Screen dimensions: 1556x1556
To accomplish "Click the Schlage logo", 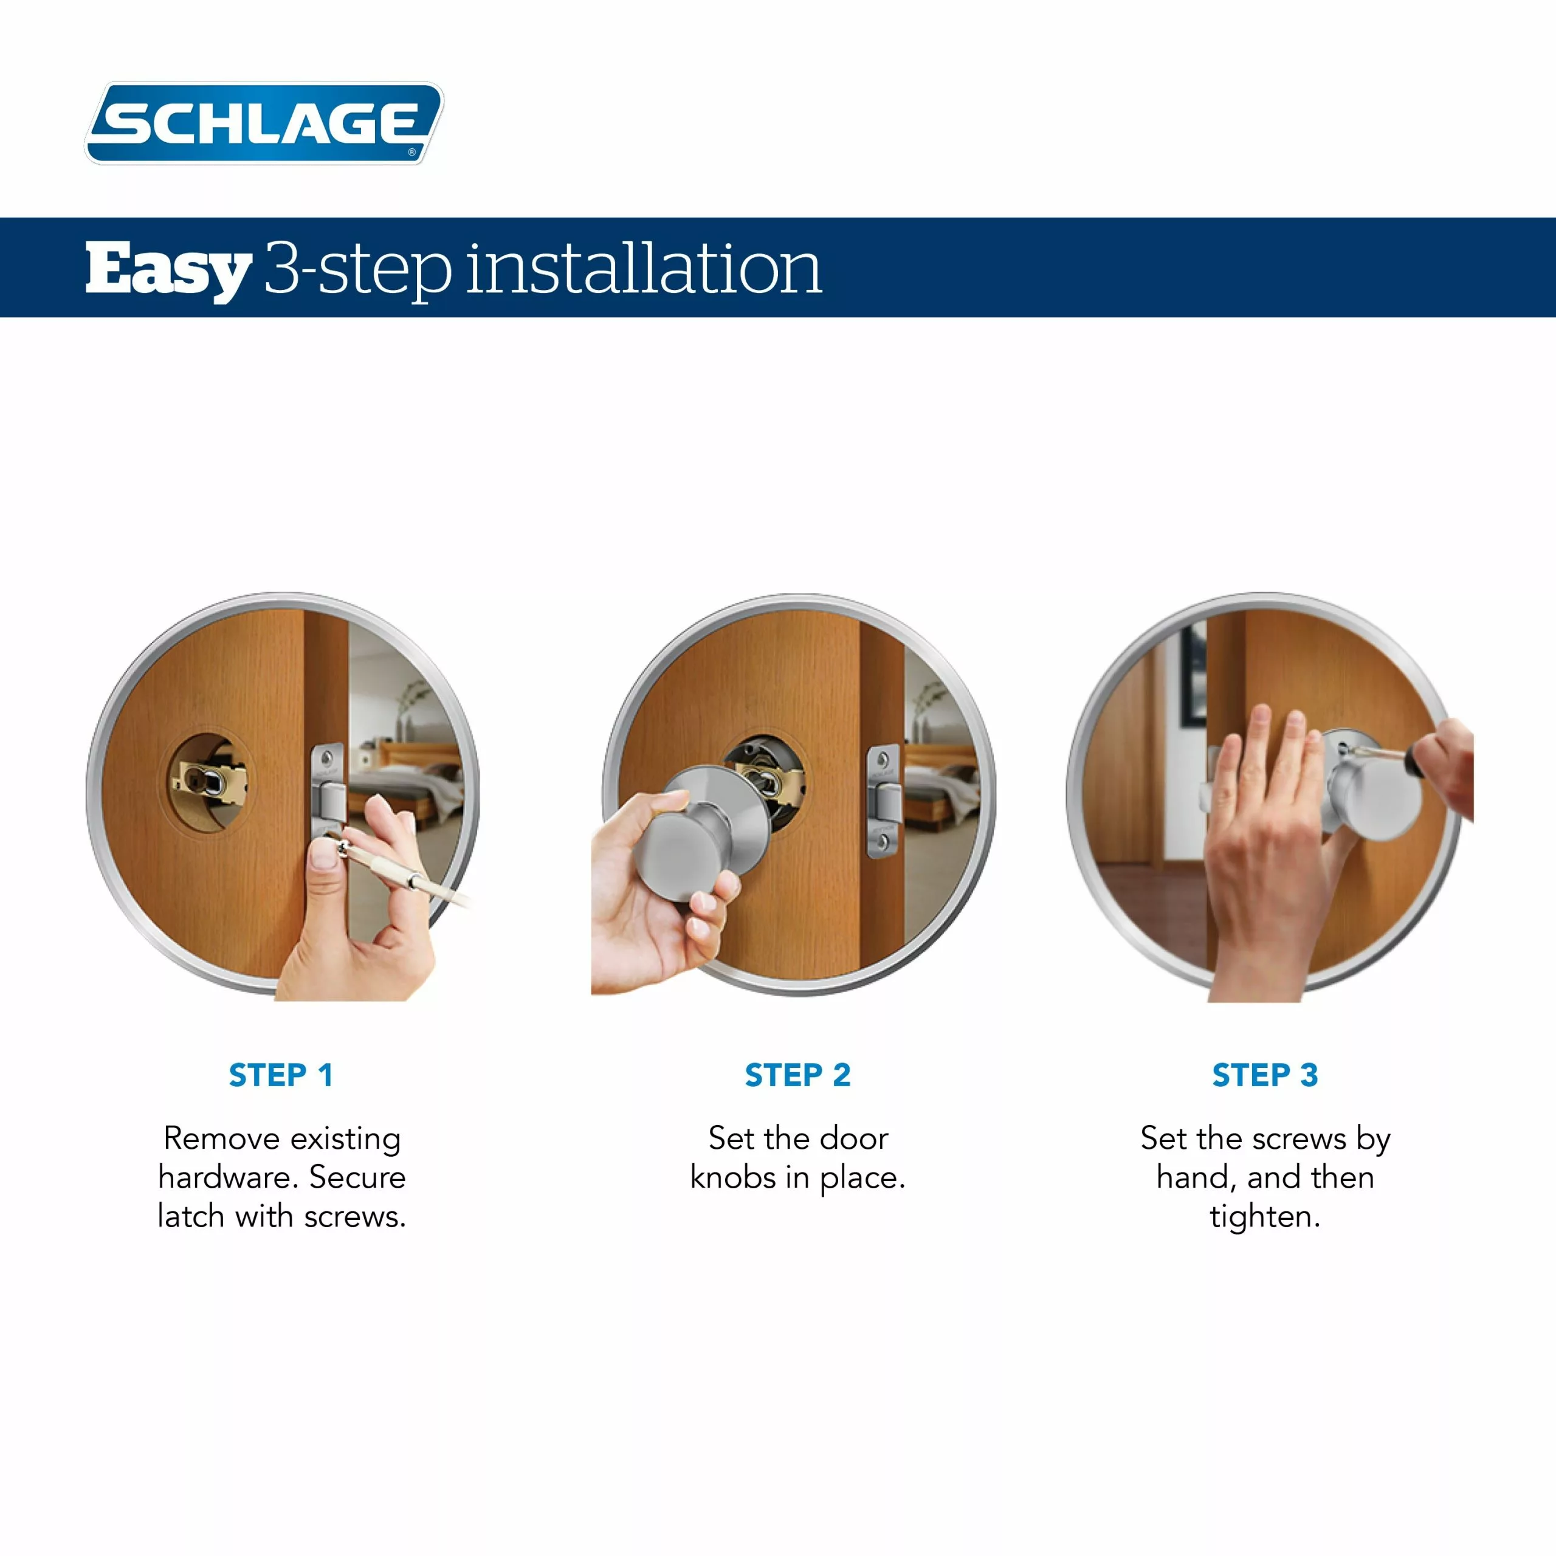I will coord(264,123).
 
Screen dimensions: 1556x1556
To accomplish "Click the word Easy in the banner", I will coord(168,270).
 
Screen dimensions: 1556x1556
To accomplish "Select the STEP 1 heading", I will coord(280,1075).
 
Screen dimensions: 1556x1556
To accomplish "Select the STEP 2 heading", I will coord(797,1075).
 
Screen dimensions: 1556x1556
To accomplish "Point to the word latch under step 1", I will coord(190,1216).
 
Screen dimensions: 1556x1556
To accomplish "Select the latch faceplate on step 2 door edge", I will coord(883,801).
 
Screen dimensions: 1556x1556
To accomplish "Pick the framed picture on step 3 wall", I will coord(1194,676).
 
